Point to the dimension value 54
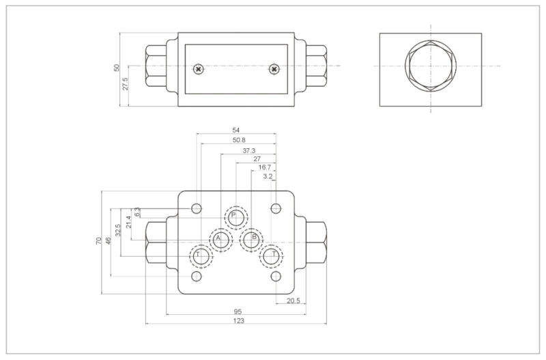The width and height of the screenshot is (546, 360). click(236, 130)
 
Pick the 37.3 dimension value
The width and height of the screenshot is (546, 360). click(248, 150)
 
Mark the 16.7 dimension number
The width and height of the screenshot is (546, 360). click(264, 167)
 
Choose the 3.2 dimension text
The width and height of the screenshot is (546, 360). click(268, 176)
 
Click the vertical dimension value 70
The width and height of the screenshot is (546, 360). click(99, 240)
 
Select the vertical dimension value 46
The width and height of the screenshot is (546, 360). click(109, 240)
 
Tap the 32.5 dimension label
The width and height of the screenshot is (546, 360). click(118, 230)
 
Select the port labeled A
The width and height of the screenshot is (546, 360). click(221, 239)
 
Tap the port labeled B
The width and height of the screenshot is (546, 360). click(252, 239)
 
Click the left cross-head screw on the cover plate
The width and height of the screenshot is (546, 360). click(198, 69)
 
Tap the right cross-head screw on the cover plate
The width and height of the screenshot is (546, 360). click(274, 69)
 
